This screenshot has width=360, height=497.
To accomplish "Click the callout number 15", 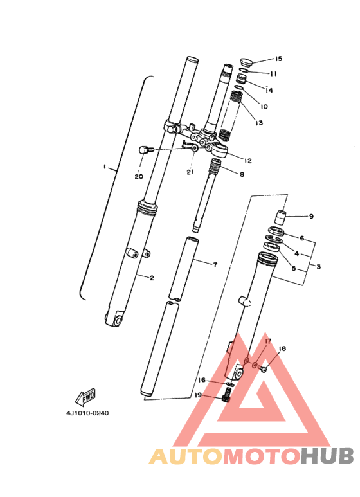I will tap(278, 59).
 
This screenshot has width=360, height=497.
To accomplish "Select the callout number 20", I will tap(139, 176).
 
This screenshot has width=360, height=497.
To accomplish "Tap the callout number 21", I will tap(190, 172).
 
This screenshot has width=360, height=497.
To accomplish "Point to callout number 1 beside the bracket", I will tap(104, 167).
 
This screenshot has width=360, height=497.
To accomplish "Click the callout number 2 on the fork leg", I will tap(152, 278).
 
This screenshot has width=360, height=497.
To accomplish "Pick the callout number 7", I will tap(215, 264).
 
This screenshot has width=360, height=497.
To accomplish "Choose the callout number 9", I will tap(311, 217).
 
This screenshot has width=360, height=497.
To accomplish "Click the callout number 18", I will tap(283, 348).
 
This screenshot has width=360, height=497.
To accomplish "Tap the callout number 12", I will tap(248, 160).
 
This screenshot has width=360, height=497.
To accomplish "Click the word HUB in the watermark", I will tap(327, 456).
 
